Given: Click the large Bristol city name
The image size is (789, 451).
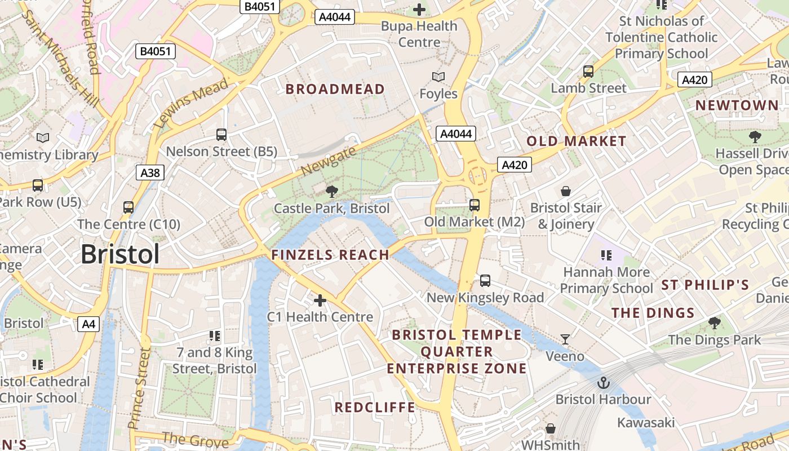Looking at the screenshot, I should point(120,255).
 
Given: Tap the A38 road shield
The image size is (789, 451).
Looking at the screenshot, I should point(150,173).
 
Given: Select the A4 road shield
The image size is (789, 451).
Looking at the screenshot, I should point(88,324).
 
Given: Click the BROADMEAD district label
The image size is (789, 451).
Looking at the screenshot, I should point(335,89).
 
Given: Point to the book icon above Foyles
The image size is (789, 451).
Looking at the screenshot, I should point(438,77).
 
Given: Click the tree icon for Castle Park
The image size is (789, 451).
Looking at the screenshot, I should point(332,192).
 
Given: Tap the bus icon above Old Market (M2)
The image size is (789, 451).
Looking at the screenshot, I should point(475,205).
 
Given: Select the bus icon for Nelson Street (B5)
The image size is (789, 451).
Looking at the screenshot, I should point(221,135).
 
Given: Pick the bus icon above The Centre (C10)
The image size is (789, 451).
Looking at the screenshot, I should point(128,207).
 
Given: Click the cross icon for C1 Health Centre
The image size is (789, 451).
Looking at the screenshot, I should point(320,300).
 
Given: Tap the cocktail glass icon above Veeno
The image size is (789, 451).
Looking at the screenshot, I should point(565,339).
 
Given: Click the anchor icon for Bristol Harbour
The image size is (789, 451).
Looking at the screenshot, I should point(604,383).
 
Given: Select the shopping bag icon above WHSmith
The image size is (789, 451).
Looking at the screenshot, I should point(550,429).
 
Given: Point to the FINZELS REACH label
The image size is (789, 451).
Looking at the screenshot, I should point(330,255).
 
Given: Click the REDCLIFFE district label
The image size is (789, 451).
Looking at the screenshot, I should point(375,408).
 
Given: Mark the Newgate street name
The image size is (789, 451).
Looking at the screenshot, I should point(329,161).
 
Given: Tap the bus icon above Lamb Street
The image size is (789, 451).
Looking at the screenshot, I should point(588,72).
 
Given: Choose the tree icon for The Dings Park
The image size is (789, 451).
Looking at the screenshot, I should point(714,323).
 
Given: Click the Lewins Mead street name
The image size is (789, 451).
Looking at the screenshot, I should point(192,103).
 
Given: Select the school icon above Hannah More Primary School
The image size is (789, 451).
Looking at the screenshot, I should point(606,255).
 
